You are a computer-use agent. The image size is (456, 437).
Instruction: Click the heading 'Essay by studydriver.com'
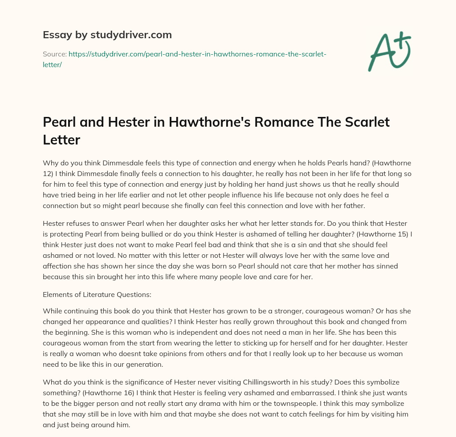coord(107,35)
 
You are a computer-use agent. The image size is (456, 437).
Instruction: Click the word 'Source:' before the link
coord(54,54)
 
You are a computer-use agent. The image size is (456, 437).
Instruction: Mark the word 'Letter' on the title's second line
coord(61,140)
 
